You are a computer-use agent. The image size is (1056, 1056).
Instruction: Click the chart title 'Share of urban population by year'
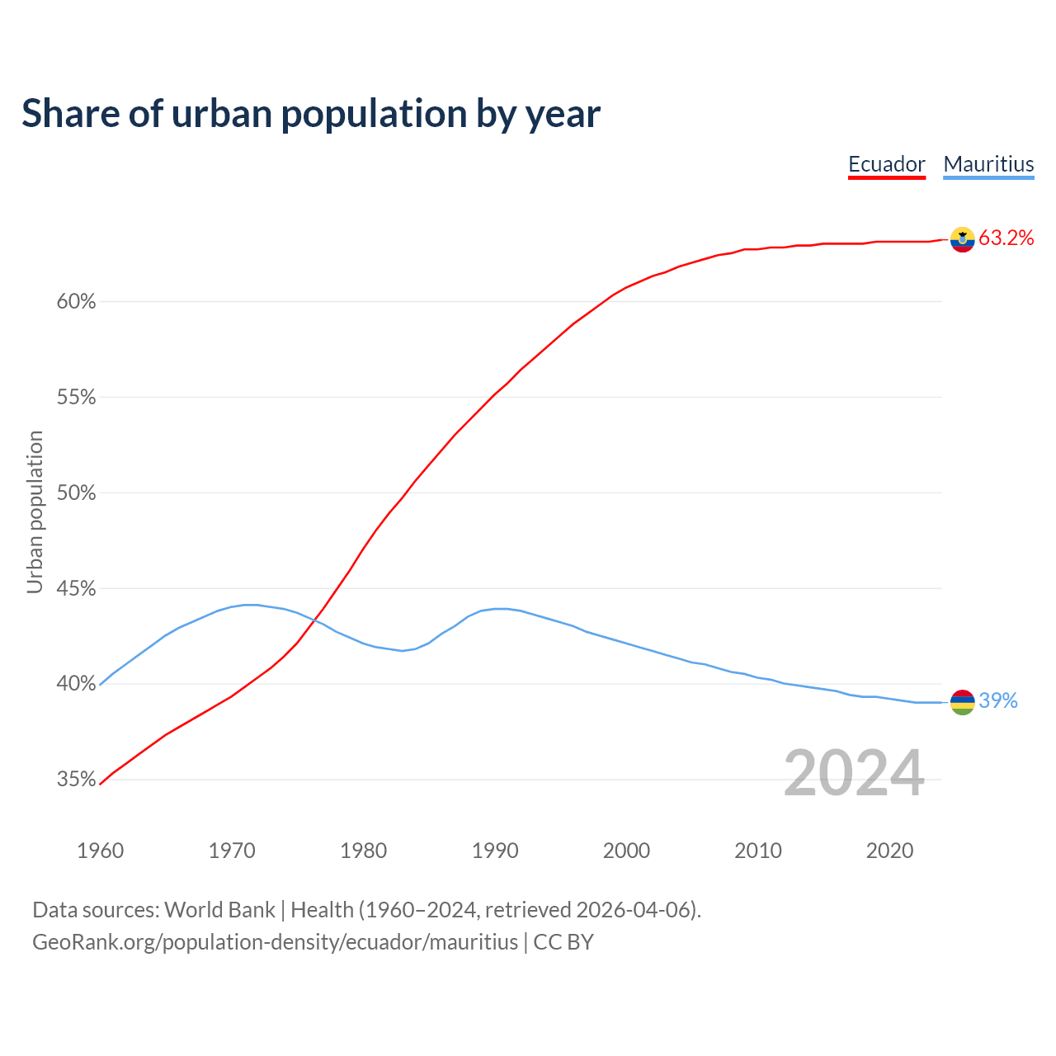pyautogui.click(x=311, y=114)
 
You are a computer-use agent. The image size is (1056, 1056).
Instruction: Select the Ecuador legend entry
pyautogui.click(x=887, y=164)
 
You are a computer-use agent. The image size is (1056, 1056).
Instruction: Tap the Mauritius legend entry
pyautogui.click(x=988, y=164)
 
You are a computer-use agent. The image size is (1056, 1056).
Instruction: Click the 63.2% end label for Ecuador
pyautogui.click(x=1006, y=238)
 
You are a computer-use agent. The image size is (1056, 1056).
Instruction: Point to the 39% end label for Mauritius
pyautogui.click(x=998, y=701)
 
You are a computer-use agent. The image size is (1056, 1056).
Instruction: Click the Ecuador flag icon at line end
pyautogui.click(x=962, y=239)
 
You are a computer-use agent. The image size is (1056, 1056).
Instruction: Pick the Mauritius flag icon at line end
pyautogui.click(x=962, y=702)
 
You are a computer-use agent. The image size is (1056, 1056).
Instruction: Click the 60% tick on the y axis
pyautogui.click(x=77, y=302)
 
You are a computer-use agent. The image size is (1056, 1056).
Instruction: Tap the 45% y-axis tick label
pyautogui.click(x=77, y=589)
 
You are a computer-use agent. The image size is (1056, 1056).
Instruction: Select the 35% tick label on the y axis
pyautogui.click(x=77, y=780)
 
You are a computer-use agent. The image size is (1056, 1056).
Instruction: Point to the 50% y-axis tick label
pyautogui.click(x=77, y=493)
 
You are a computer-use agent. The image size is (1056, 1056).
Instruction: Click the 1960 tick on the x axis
pyautogui.click(x=100, y=851)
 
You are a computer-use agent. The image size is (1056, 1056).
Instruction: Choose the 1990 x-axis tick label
pyautogui.click(x=495, y=851)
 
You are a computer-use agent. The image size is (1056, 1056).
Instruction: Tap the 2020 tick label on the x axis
pyautogui.click(x=889, y=851)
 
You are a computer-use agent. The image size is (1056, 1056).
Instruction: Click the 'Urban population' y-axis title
pyautogui.click(x=35, y=511)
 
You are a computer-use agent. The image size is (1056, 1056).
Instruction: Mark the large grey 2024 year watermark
pyautogui.click(x=854, y=773)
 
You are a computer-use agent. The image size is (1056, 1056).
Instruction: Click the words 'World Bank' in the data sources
pyautogui.click(x=219, y=910)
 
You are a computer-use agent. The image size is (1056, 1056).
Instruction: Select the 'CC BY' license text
pyautogui.click(x=563, y=942)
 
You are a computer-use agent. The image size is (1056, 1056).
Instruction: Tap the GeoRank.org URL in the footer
pyautogui.click(x=275, y=942)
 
